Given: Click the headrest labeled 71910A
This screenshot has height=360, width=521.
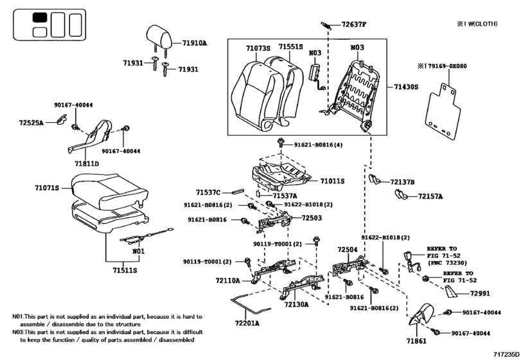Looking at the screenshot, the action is pyautogui.click(x=159, y=37).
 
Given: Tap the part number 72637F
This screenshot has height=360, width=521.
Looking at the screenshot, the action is pyautogui.click(x=353, y=24).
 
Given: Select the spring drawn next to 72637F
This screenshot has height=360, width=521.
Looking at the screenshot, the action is pyautogui.click(x=326, y=26).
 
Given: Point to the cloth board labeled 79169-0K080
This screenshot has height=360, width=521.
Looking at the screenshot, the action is pyautogui.click(x=443, y=111).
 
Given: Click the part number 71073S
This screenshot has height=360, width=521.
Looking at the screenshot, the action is pyautogui.click(x=258, y=48).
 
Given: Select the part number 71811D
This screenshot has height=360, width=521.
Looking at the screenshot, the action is pyautogui.click(x=87, y=163).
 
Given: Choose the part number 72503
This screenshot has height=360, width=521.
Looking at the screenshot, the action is pyautogui.click(x=312, y=218).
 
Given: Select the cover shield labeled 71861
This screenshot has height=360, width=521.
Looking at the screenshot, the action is pyautogui.click(x=421, y=315).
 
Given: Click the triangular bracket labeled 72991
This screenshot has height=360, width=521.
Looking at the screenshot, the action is pyautogui.click(x=450, y=292).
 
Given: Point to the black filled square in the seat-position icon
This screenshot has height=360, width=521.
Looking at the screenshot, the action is pyautogui.click(x=40, y=17).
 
